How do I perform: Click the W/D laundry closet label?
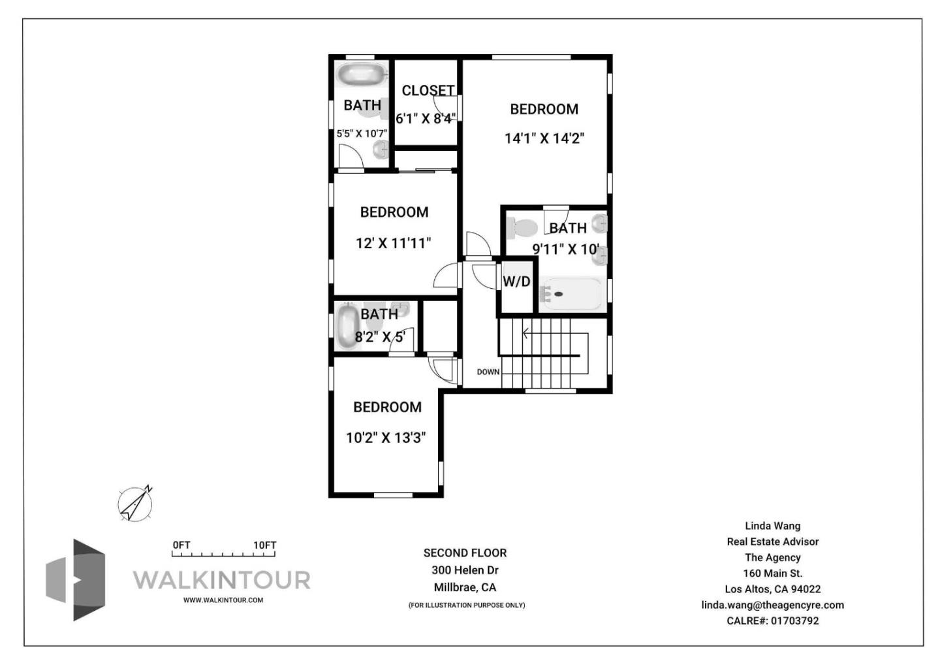(x=516, y=282)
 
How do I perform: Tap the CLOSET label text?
(x=428, y=91)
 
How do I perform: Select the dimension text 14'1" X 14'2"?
(x=544, y=138)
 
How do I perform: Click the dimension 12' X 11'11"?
(x=394, y=243)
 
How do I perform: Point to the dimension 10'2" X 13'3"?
(x=386, y=438)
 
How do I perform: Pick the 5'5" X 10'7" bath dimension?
(x=362, y=133)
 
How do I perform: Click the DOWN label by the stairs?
(x=488, y=372)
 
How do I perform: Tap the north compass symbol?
(x=135, y=504)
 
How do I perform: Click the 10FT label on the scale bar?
(x=265, y=545)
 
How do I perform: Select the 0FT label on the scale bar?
(x=181, y=545)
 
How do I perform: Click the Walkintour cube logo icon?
(x=76, y=580)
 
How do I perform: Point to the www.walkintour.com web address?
(x=223, y=600)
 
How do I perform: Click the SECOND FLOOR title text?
(x=465, y=553)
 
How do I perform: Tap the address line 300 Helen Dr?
(x=465, y=570)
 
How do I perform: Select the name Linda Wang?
(x=773, y=526)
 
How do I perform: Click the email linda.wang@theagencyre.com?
(x=773, y=605)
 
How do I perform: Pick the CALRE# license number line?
(x=773, y=621)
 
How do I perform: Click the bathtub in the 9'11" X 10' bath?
(x=570, y=294)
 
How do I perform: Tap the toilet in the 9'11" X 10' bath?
(x=522, y=229)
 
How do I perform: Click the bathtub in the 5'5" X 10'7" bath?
(x=362, y=74)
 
